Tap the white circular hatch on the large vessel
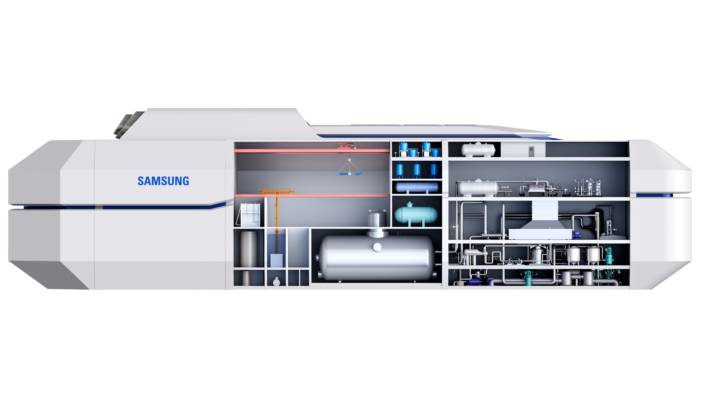pos(377,247)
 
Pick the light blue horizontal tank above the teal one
pos(417,187)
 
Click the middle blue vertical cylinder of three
pos(417,170)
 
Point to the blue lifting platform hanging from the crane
pos(349,174)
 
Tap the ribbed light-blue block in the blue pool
pos(276,260)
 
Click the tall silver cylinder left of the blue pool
pos(249,249)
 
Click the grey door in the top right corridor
pos(531,151)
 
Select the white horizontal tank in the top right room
pos(478,150)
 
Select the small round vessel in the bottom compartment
pos(276,281)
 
